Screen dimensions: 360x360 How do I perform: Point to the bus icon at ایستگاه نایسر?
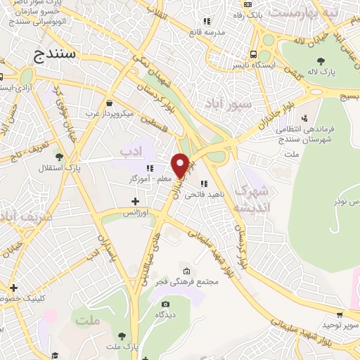[x=252, y=53]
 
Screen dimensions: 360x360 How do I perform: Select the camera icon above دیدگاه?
[x=165, y=304]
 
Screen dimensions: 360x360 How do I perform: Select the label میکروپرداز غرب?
[x=110, y=112]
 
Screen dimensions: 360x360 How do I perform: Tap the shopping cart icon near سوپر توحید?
[x=340, y=314]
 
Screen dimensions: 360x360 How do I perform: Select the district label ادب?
[x=131, y=150]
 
